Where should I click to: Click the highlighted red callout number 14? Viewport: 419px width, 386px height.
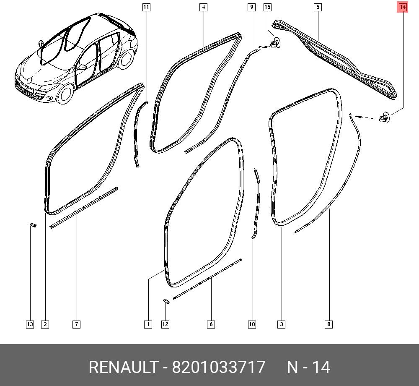[403, 7]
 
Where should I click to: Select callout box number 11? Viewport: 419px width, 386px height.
[146, 7]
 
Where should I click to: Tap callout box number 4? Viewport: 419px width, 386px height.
[204, 7]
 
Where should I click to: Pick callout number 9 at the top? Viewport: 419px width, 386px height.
[251, 7]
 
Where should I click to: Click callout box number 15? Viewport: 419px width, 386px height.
[267, 7]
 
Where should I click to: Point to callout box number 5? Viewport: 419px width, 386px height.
[318, 7]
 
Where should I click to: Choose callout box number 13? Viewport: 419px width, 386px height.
[30, 324]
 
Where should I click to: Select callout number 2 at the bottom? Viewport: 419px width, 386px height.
[45, 324]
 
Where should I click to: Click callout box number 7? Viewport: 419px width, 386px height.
[76, 324]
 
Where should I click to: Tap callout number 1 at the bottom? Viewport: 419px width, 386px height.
[148, 324]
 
